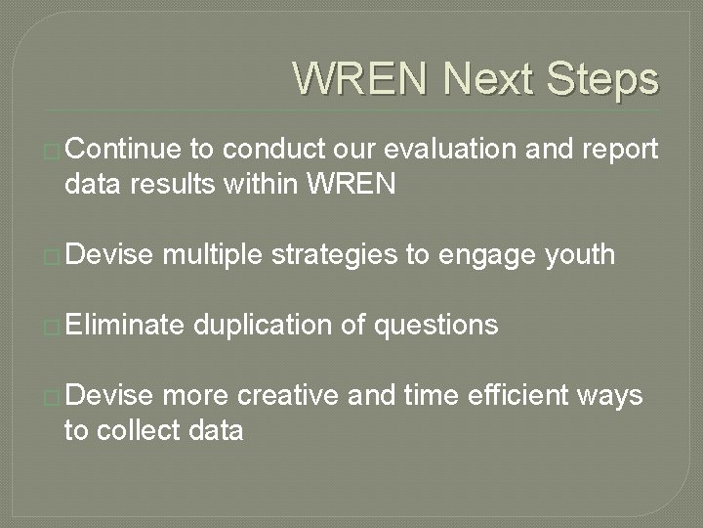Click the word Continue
(124, 149)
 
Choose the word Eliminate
(124, 324)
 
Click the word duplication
(262, 324)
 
